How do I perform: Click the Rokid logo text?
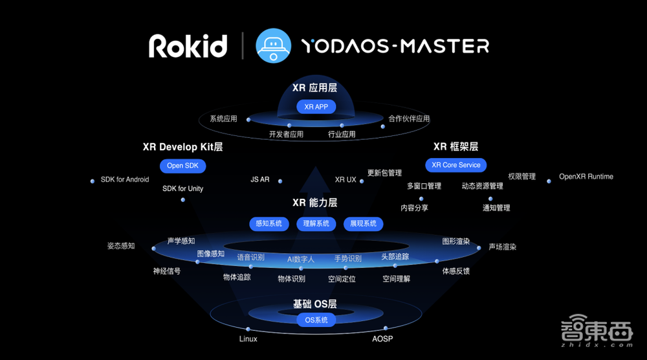pos(188,46)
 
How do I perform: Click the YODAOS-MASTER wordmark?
pos(395,46)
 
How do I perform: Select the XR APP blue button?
pos(316,106)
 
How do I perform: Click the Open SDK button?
pos(183,166)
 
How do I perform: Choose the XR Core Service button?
pos(456,165)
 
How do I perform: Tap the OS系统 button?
pos(316,320)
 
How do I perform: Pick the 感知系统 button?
pos(269,223)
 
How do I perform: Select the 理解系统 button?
pos(316,223)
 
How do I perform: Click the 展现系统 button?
pos(364,223)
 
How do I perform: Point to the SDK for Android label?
pos(125,179)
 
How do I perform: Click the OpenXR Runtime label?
pos(586,176)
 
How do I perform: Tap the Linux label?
pos(248,339)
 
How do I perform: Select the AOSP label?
pos(382,339)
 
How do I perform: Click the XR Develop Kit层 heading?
pos(182,147)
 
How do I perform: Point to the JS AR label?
pos(260,179)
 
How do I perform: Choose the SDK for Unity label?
pos(183,188)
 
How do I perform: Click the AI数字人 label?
pos(301,259)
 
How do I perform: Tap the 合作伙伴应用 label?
pos(409,118)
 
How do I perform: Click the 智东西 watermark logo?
pos(596,334)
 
